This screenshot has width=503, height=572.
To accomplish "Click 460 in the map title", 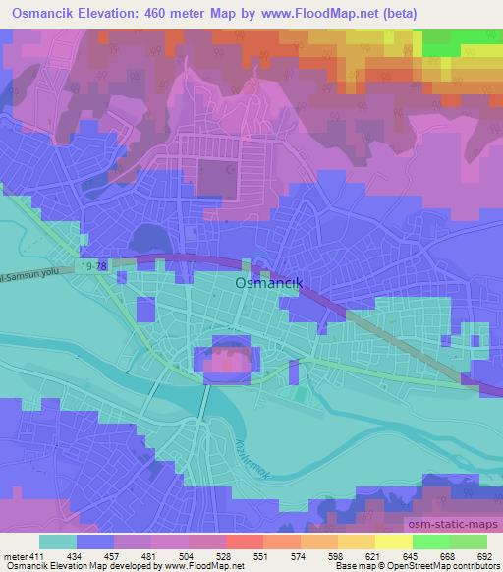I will (x=174, y=14).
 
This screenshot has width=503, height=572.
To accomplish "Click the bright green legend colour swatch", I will (x=431, y=542).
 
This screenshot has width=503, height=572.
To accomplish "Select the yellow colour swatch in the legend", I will (x=394, y=542).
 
